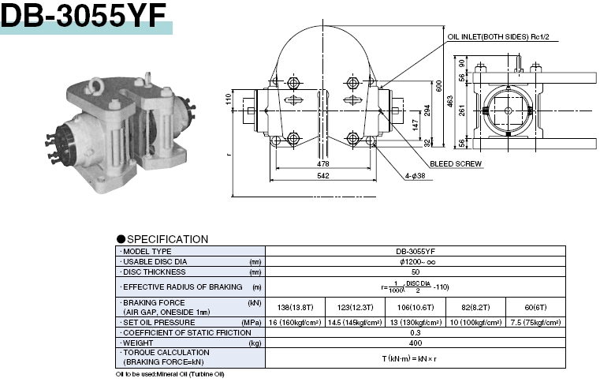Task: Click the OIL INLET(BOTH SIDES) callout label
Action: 498,37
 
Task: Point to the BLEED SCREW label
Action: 456,163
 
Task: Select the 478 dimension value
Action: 323,163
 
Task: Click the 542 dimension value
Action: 323,177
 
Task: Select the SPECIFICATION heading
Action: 166,239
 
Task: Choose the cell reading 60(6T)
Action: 535,307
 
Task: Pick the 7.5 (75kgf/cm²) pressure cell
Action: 535,322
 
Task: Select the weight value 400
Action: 416,343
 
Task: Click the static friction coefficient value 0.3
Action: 416,333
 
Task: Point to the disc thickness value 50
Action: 416,271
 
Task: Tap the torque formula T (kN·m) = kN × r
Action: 416,358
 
